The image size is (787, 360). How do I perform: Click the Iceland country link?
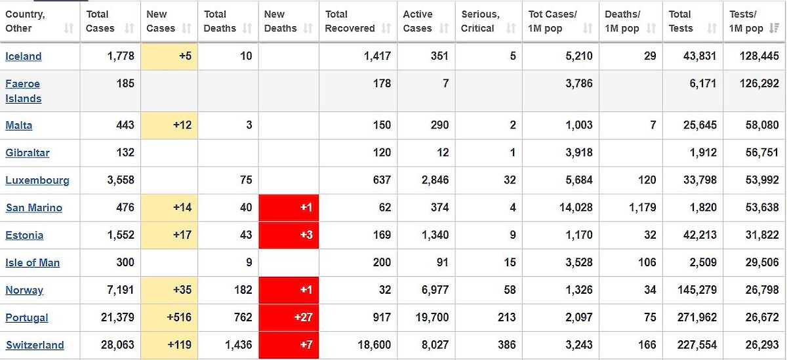point(24,56)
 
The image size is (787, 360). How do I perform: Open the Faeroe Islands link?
point(23,91)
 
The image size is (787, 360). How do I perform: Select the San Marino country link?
point(34,208)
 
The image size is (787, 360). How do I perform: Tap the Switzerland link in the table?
point(35,346)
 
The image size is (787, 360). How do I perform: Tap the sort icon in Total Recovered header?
point(386,29)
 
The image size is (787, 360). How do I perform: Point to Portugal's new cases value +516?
point(179,317)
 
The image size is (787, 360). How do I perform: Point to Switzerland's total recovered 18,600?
point(375,345)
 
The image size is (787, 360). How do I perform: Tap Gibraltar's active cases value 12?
point(443,153)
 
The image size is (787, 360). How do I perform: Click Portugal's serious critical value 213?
point(506,317)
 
